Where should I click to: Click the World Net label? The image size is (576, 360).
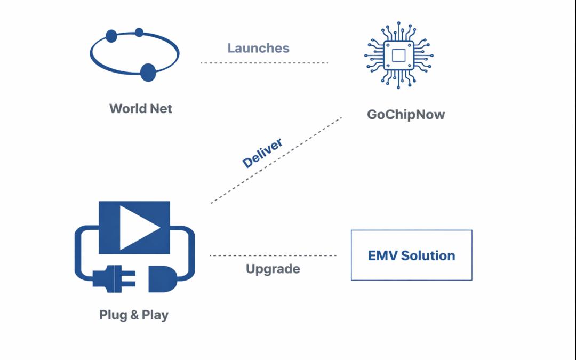click(141, 109)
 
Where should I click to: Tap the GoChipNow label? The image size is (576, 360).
click(406, 115)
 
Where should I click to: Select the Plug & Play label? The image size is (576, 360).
click(134, 315)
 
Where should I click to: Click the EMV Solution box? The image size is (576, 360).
click(411, 255)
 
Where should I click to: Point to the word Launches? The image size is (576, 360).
click(258, 48)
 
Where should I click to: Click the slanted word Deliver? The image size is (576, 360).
click(262, 153)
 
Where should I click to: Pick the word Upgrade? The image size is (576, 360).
click(273, 269)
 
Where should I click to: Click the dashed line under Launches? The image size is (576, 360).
click(264, 63)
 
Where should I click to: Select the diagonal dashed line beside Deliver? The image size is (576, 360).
click(276, 160)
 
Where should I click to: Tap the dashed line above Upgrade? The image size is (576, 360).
click(273, 255)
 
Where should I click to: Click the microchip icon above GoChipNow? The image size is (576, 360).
click(399, 55)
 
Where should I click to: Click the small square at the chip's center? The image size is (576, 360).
click(399, 55)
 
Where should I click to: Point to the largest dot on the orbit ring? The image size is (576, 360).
click(148, 71)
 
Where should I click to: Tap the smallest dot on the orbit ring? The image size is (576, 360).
click(139, 33)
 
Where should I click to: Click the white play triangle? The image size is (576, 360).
click(138, 227)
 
